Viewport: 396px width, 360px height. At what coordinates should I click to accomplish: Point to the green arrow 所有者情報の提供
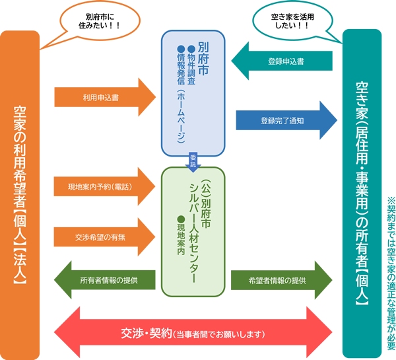coord(106,280)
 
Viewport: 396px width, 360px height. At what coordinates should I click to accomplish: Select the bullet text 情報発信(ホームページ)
coord(180,92)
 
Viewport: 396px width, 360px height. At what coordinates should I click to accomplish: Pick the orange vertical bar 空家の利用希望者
coord(20,192)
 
